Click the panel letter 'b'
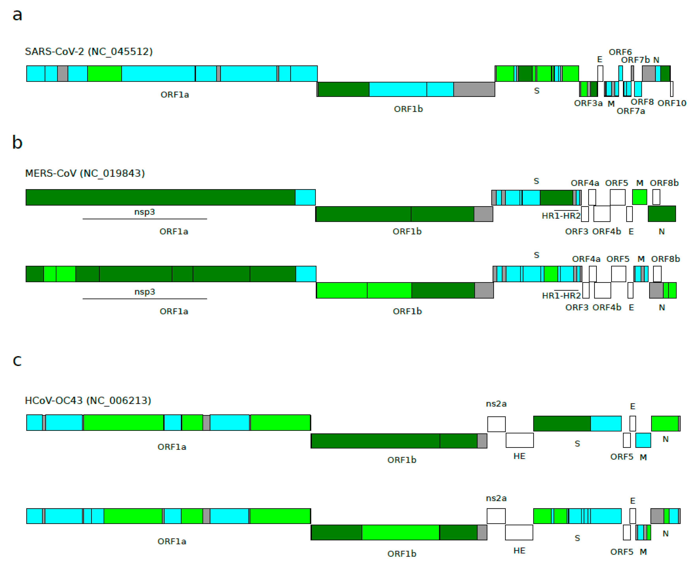[17, 142]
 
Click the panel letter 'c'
[17, 361]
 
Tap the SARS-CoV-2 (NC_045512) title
[89, 52]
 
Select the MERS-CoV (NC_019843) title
[85, 173]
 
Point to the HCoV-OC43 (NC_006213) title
[88, 400]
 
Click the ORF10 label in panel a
[672, 103]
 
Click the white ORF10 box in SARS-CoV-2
[672, 89]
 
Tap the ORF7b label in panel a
[635, 60]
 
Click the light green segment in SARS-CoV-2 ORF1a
[104, 74]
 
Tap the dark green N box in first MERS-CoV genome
[662, 214]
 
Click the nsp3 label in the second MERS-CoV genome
[145, 292]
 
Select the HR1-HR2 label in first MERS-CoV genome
[561, 216]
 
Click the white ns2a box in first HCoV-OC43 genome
[496, 424]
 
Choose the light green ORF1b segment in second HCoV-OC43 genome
[400, 532]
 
